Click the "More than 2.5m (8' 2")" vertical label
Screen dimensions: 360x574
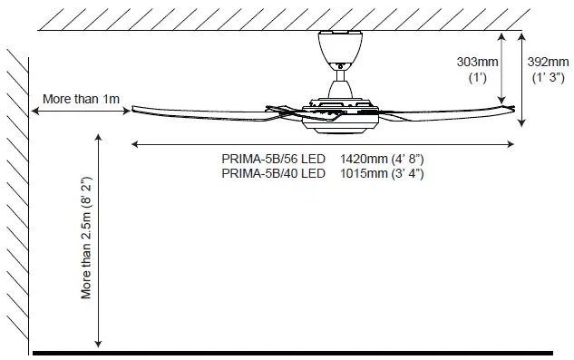click(87, 238)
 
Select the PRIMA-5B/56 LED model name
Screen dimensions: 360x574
click(273, 159)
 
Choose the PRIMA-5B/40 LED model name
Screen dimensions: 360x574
click(273, 172)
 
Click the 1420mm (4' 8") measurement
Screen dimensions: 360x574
click(382, 159)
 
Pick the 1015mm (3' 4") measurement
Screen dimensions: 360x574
click(382, 172)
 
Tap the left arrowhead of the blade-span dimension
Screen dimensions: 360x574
click(136, 143)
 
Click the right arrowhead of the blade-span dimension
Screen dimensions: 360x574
click(512, 143)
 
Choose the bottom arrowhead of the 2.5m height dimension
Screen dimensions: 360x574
click(97, 344)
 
